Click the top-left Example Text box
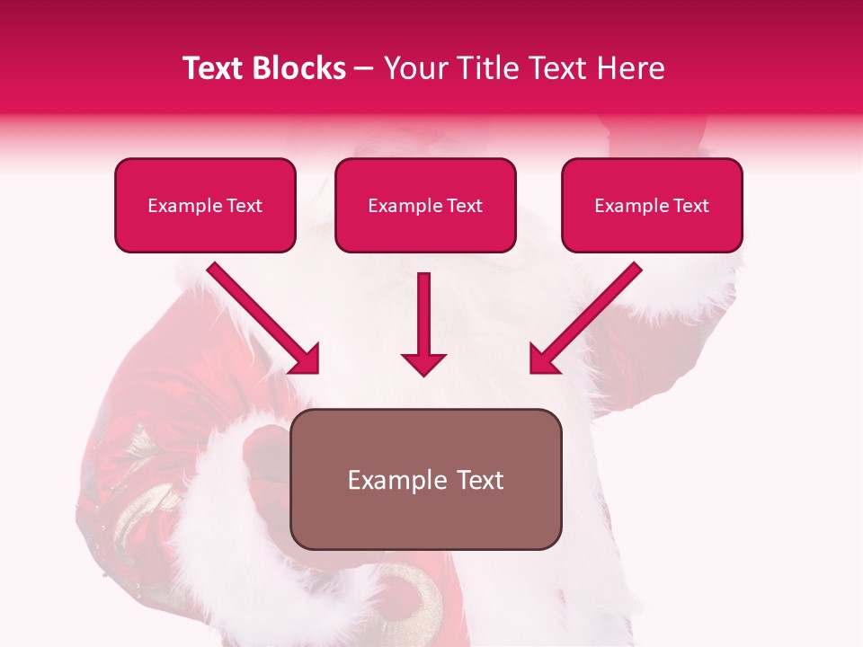click(x=205, y=206)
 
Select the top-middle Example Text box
click(x=425, y=206)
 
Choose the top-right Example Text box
click(x=652, y=206)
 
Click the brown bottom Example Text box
click(x=425, y=479)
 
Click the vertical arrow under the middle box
click(x=423, y=315)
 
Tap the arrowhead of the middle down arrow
click(x=423, y=363)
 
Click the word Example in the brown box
click(x=391, y=480)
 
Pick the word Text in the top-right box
click(x=690, y=206)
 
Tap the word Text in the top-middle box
click(x=464, y=206)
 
